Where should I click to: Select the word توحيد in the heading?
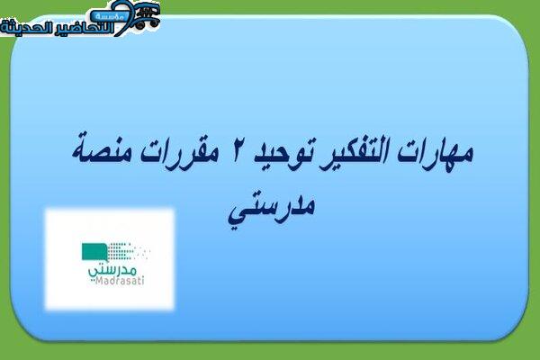click(x=279, y=154)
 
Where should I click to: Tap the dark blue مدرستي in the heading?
click(x=272, y=208)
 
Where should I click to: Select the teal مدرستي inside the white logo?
click(x=113, y=270)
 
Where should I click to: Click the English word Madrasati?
click(x=120, y=281)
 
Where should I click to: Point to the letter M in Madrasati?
click(x=99, y=281)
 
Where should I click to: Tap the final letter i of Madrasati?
click(x=142, y=281)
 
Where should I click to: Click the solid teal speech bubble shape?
click(x=94, y=253)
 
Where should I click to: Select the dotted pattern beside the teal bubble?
click(x=129, y=251)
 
